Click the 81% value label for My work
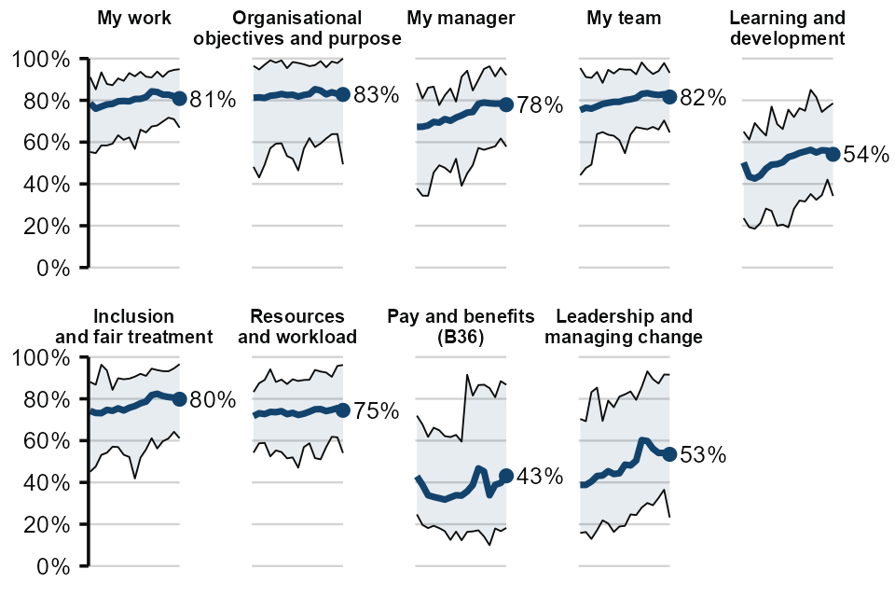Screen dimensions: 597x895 [x=213, y=99]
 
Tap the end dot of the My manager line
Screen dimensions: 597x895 [x=506, y=104]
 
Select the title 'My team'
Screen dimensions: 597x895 [x=624, y=18]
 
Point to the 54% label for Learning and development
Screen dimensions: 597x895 [x=865, y=155]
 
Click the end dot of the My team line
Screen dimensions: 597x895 [x=668, y=96]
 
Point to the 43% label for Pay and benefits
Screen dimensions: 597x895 [x=540, y=477]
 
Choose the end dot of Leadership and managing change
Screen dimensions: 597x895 [x=668, y=454]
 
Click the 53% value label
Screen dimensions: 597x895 [x=703, y=455]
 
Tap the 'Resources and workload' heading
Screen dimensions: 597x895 [x=297, y=326]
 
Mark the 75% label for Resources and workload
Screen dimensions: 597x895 [x=377, y=410]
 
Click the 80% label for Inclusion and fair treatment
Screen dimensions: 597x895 [x=213, y=399]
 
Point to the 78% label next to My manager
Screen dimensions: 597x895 [x=540, y=105]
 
